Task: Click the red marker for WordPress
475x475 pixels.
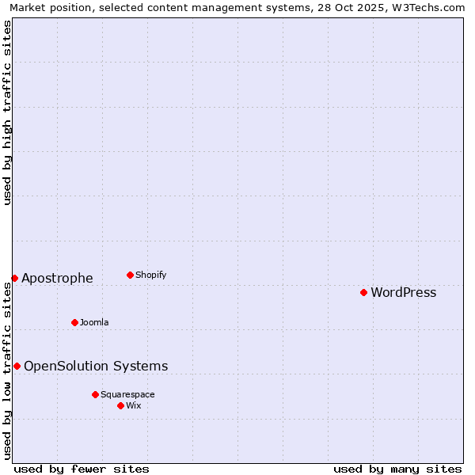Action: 363,292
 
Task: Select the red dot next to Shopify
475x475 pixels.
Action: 130,275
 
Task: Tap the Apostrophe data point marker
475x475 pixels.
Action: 14,278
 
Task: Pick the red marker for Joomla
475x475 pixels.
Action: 74,322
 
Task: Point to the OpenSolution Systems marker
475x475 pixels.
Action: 17,366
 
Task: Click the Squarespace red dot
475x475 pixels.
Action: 95,394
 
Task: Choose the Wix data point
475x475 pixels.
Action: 120,405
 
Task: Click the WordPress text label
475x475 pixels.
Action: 403,293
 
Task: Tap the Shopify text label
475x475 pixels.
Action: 150,275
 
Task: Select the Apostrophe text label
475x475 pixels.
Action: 57,279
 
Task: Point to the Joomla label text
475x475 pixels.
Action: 94,323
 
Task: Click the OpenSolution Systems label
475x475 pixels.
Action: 96,367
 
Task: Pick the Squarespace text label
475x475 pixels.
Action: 127,395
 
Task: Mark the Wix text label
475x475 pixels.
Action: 133,406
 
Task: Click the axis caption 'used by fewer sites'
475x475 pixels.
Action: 82,469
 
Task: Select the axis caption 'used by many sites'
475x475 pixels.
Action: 397,469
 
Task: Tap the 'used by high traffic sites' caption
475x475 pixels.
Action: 8,112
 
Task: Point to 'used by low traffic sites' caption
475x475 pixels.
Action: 8,370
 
